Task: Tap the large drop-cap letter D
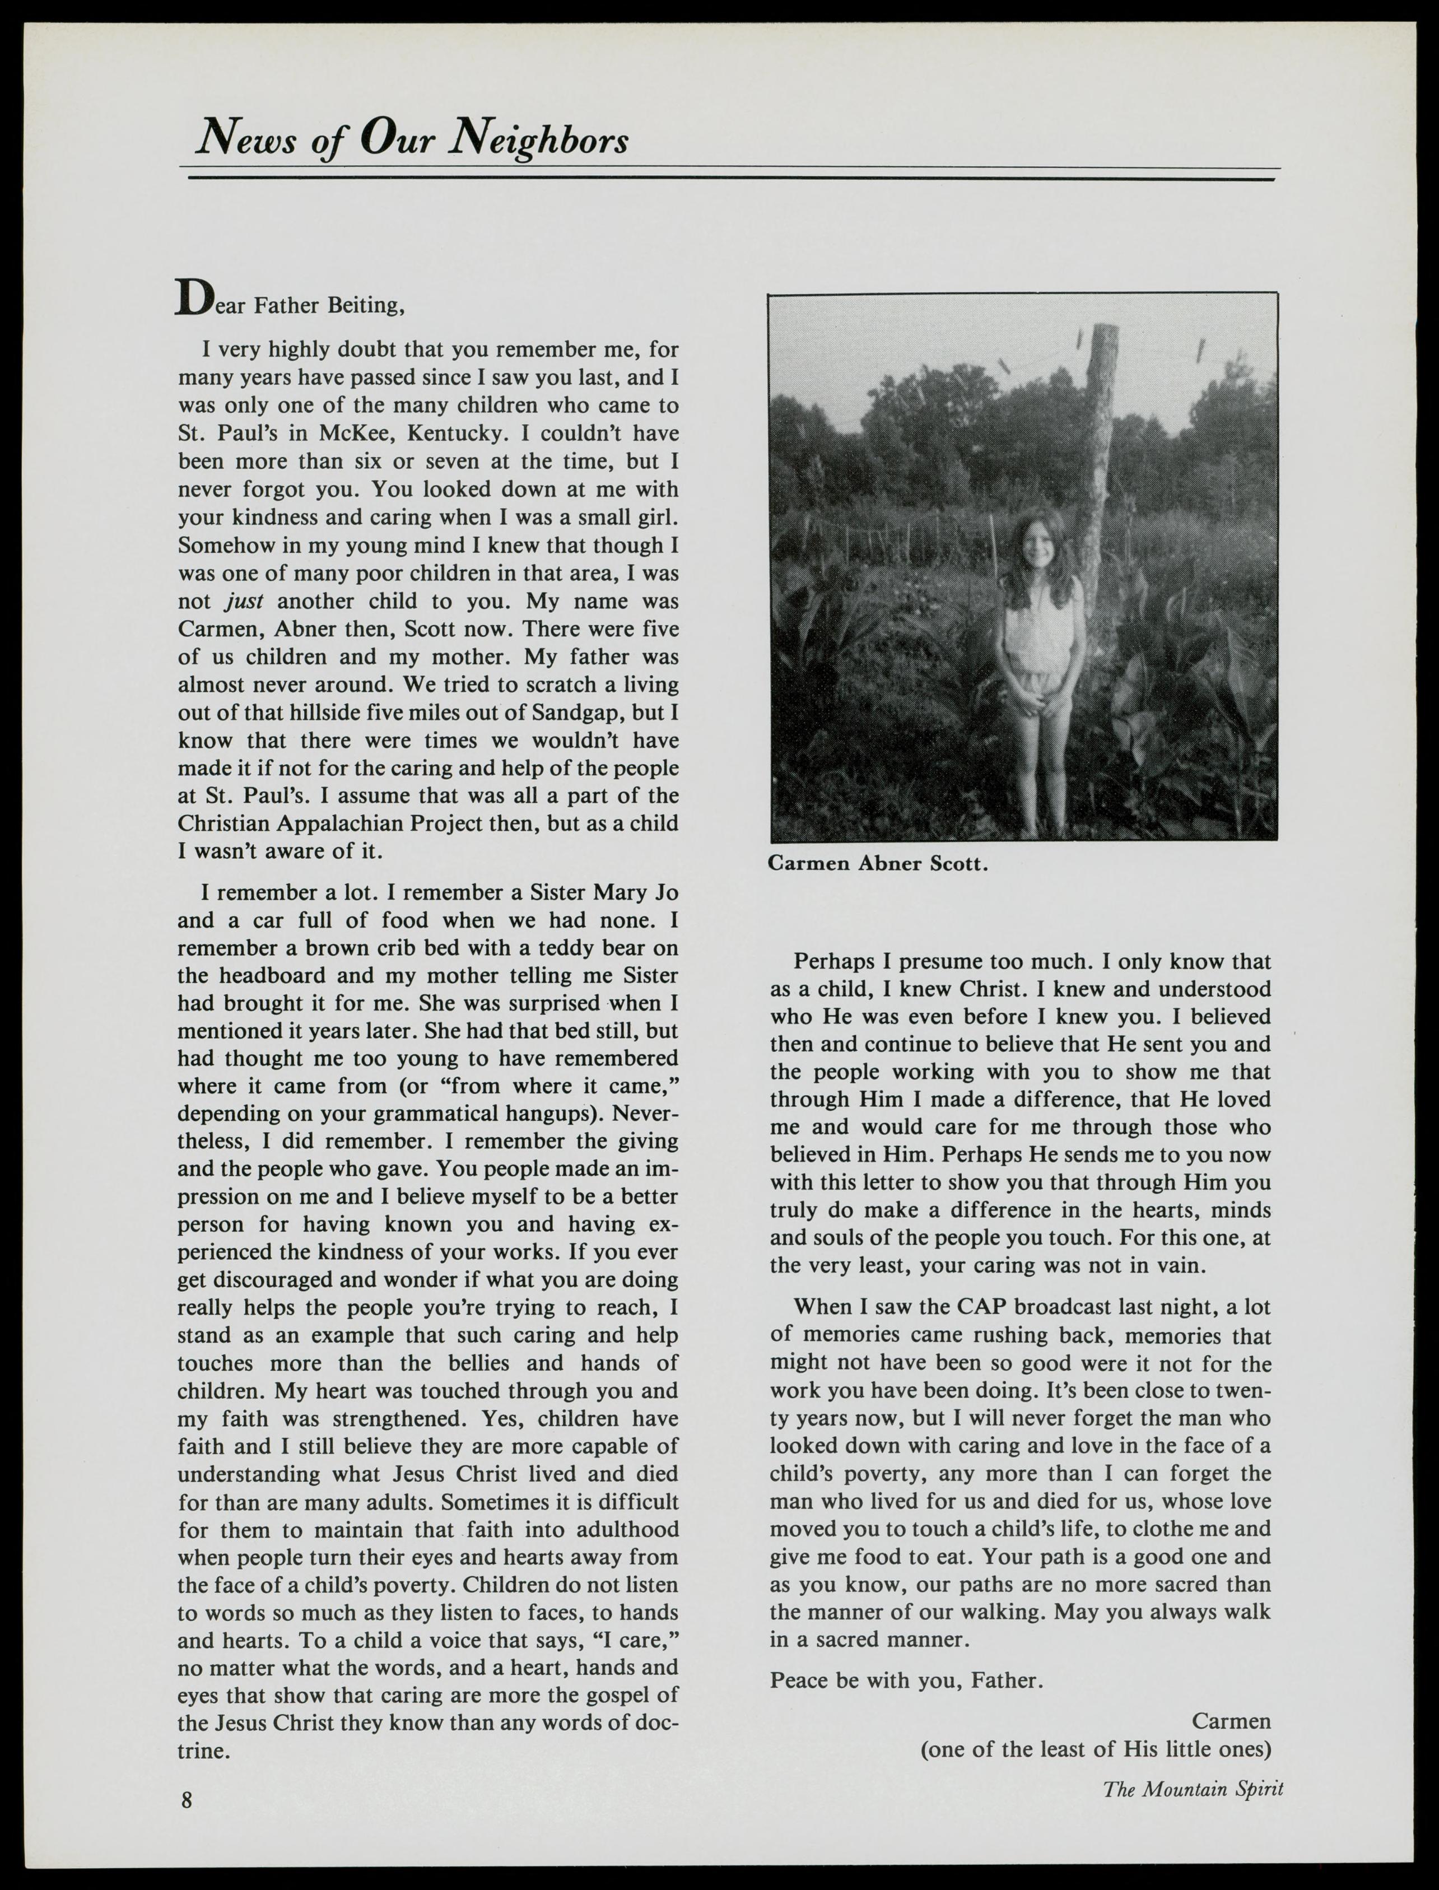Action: click(193, 299)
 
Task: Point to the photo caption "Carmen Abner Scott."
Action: click(878, 863)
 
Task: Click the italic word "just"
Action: click(244, 601)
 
